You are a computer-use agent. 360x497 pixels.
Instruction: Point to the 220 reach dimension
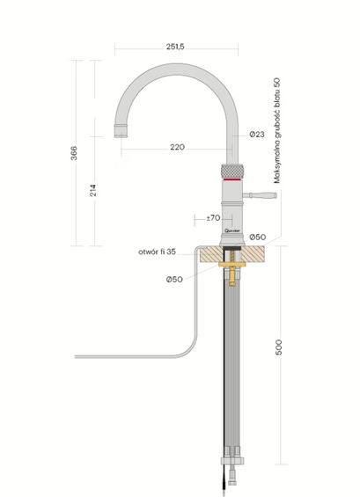pyautogui.click(x=177, y=147)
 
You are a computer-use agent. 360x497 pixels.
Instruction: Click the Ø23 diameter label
pyautogui.click(x=257, y=135)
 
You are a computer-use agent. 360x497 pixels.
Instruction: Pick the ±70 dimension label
pyautogui.click(x=213, y=216)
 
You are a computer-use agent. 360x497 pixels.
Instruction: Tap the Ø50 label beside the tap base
pyautogui.click(x=258, y=238)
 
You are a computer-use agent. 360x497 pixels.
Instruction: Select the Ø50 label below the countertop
pyautogui.click(x=174, y=280)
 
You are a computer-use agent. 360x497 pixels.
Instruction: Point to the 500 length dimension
pyautogui.click(x=278, y=347)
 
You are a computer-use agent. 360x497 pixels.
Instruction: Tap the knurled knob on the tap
pyautogui.click(x=231, y=169)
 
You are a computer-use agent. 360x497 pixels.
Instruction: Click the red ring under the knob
pyautogui.click(x=231, y=179)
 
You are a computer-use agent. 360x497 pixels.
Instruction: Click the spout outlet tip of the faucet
pyautogui.click(x=121, y=134)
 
